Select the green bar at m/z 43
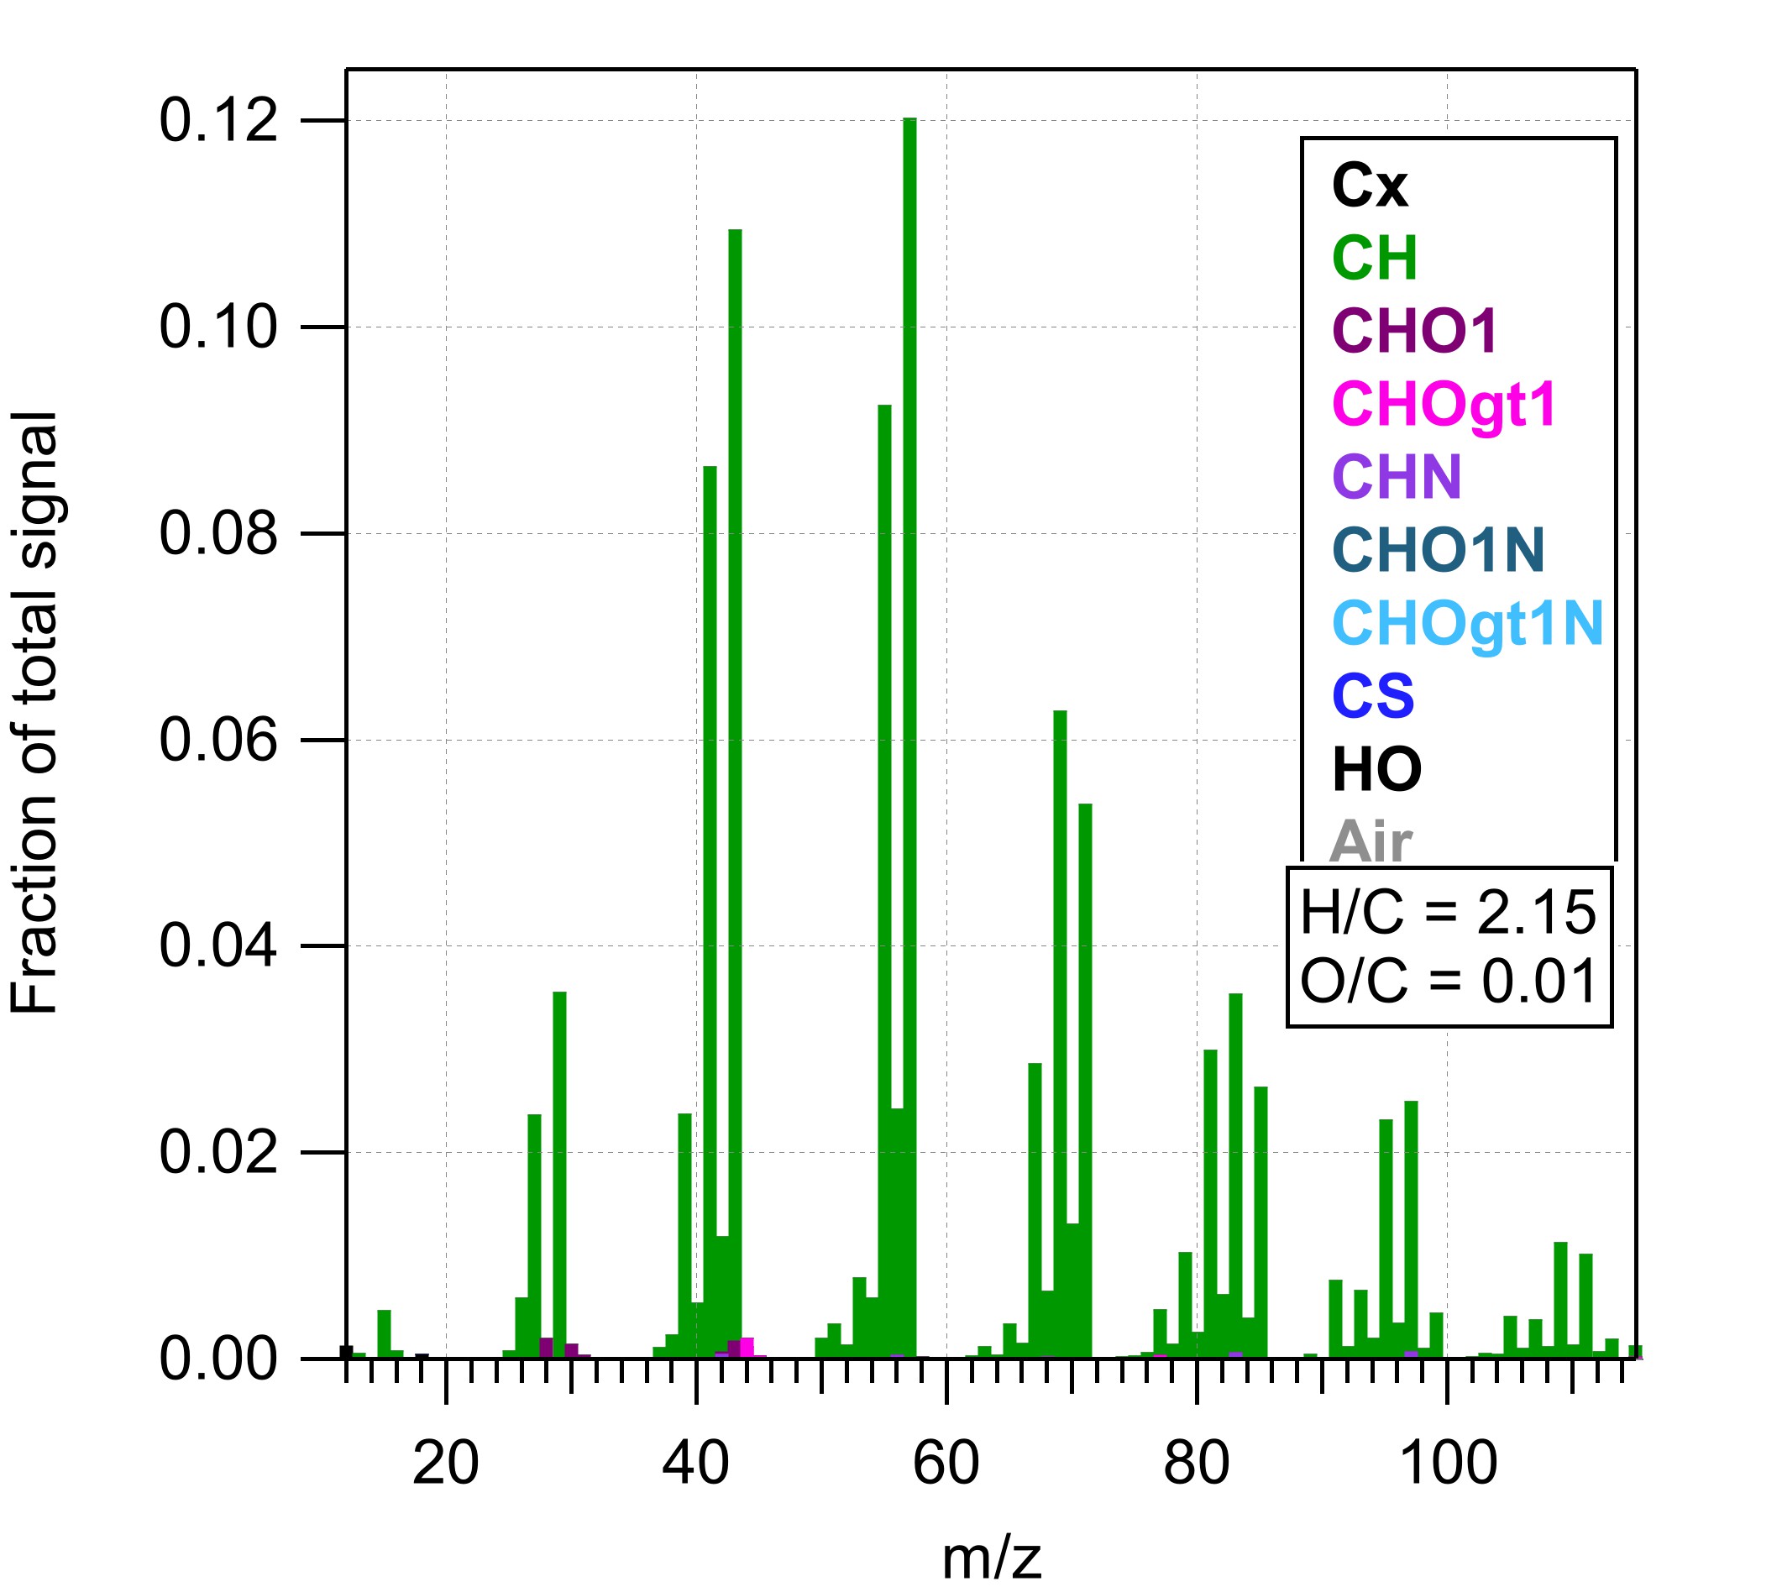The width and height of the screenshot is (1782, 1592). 735,699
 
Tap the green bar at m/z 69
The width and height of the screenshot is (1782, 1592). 1060,962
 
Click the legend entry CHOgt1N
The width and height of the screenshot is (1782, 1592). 1467,625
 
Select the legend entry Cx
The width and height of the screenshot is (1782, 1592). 1369,186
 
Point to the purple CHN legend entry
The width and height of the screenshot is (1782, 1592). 1397,478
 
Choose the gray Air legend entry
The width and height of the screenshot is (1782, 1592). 1370,841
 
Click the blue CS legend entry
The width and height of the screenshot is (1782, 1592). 1372,696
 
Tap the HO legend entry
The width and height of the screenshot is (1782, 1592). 1376,770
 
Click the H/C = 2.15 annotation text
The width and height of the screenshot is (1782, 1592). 1448,913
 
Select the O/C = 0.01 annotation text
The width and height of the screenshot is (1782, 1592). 1448,981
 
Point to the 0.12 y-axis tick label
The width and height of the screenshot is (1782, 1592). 218,121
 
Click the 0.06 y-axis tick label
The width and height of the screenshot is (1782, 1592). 218,740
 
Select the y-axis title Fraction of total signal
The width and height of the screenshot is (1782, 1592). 35,713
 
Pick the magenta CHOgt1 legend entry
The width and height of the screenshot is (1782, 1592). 1444,405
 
